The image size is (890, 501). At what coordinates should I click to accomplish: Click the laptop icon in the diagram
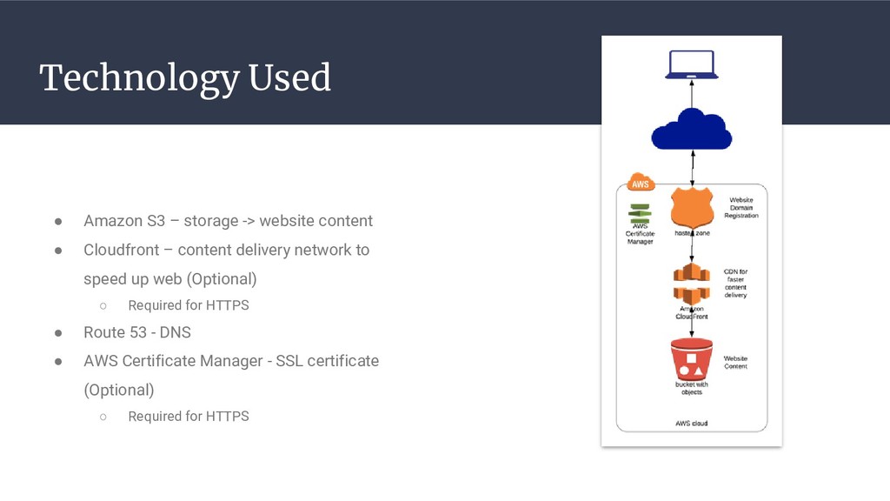coord(691,65)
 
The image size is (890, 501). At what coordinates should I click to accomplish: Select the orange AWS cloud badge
coord(640,184)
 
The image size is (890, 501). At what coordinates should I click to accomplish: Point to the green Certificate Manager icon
coord(640,213)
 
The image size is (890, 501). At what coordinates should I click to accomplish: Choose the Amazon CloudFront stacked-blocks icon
coord(691,284)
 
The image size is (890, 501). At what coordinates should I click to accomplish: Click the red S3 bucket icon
coord(691,358)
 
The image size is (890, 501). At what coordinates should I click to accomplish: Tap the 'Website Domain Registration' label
coord(741,208)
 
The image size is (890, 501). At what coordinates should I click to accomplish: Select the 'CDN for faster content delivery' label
coord(735,284)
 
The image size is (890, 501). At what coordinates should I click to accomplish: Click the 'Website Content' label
coord(735,362)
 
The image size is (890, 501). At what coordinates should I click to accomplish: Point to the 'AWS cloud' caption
coord(691,424)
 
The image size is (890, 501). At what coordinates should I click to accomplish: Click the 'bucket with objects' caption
coord(691,388)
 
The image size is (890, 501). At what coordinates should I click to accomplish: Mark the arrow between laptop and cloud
coord(691,92)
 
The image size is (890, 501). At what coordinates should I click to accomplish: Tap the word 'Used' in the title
coord(289,78)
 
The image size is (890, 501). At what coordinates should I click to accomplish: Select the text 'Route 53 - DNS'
coord(137,332)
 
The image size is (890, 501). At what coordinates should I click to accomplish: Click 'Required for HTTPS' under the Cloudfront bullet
coord(189,305)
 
